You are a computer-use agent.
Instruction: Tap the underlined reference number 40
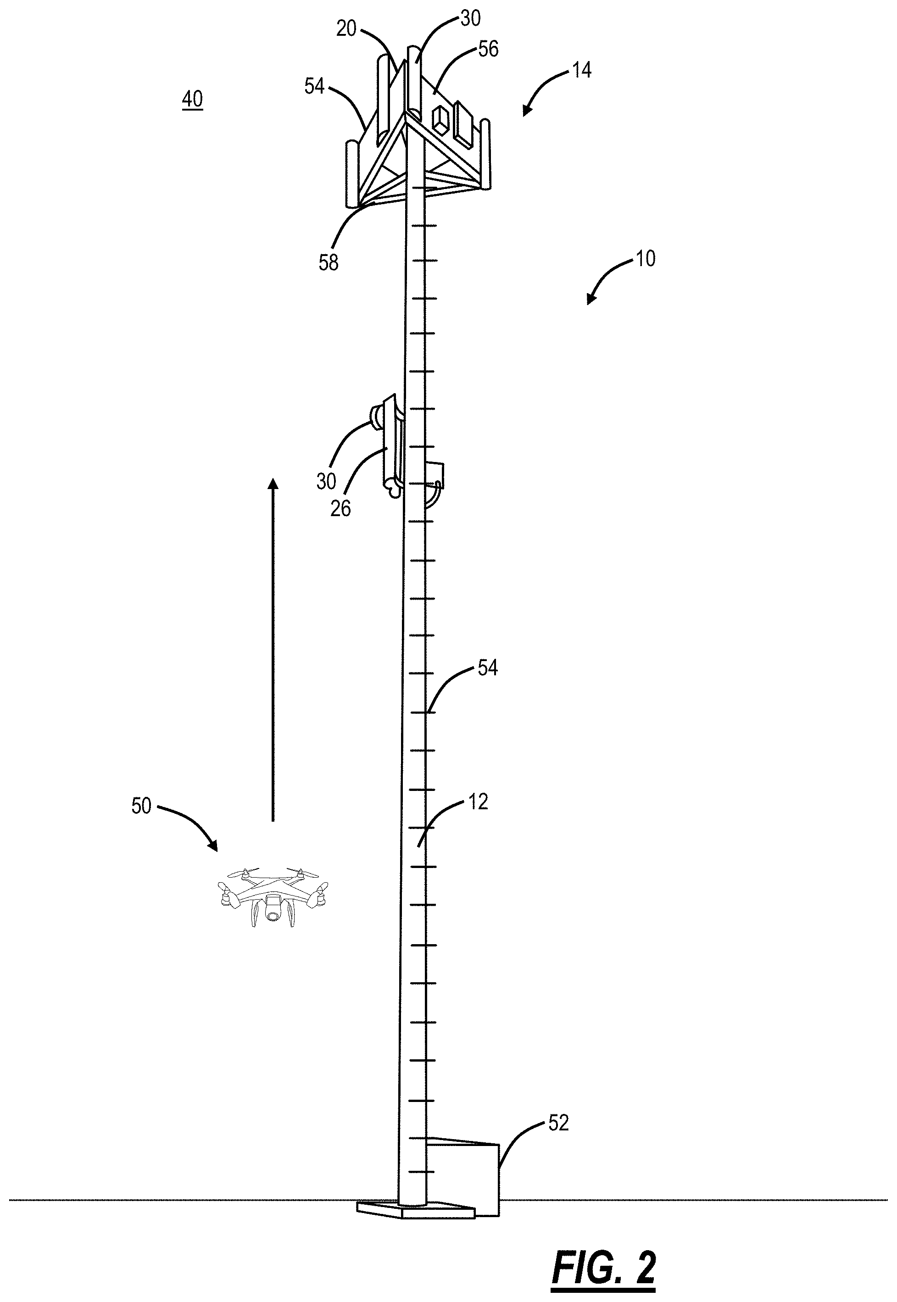[192, 100]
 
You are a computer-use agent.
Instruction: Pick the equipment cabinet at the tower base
[464, 1169]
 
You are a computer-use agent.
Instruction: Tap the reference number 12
[478, 802]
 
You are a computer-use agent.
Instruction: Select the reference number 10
[646, 259]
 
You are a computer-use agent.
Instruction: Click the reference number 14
[581, 71]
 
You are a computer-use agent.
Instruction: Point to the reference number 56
[488, 50]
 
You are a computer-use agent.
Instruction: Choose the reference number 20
[347, 28]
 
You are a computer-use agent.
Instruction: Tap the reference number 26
[340, 508]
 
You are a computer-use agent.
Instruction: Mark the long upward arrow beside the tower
[273, 649]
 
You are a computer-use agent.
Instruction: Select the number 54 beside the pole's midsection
[487, 668]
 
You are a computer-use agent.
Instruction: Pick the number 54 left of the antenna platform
[315, 86]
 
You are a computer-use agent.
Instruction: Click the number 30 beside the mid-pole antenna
[326, 481]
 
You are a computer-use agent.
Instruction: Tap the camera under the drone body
[273, 913]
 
